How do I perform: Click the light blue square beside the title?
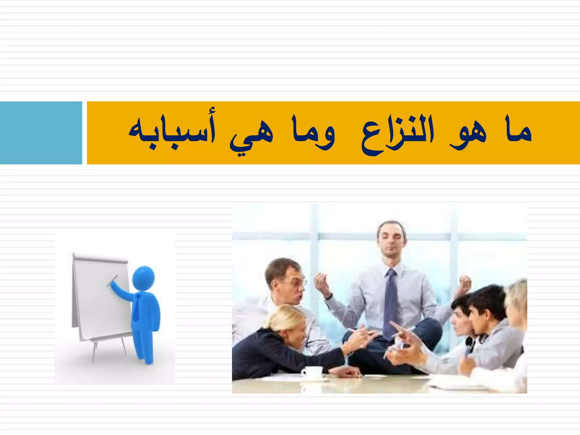(41, 133)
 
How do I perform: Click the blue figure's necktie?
(137, 307)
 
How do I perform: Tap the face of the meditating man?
(391, 241)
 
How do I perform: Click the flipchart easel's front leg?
(95, 351)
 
